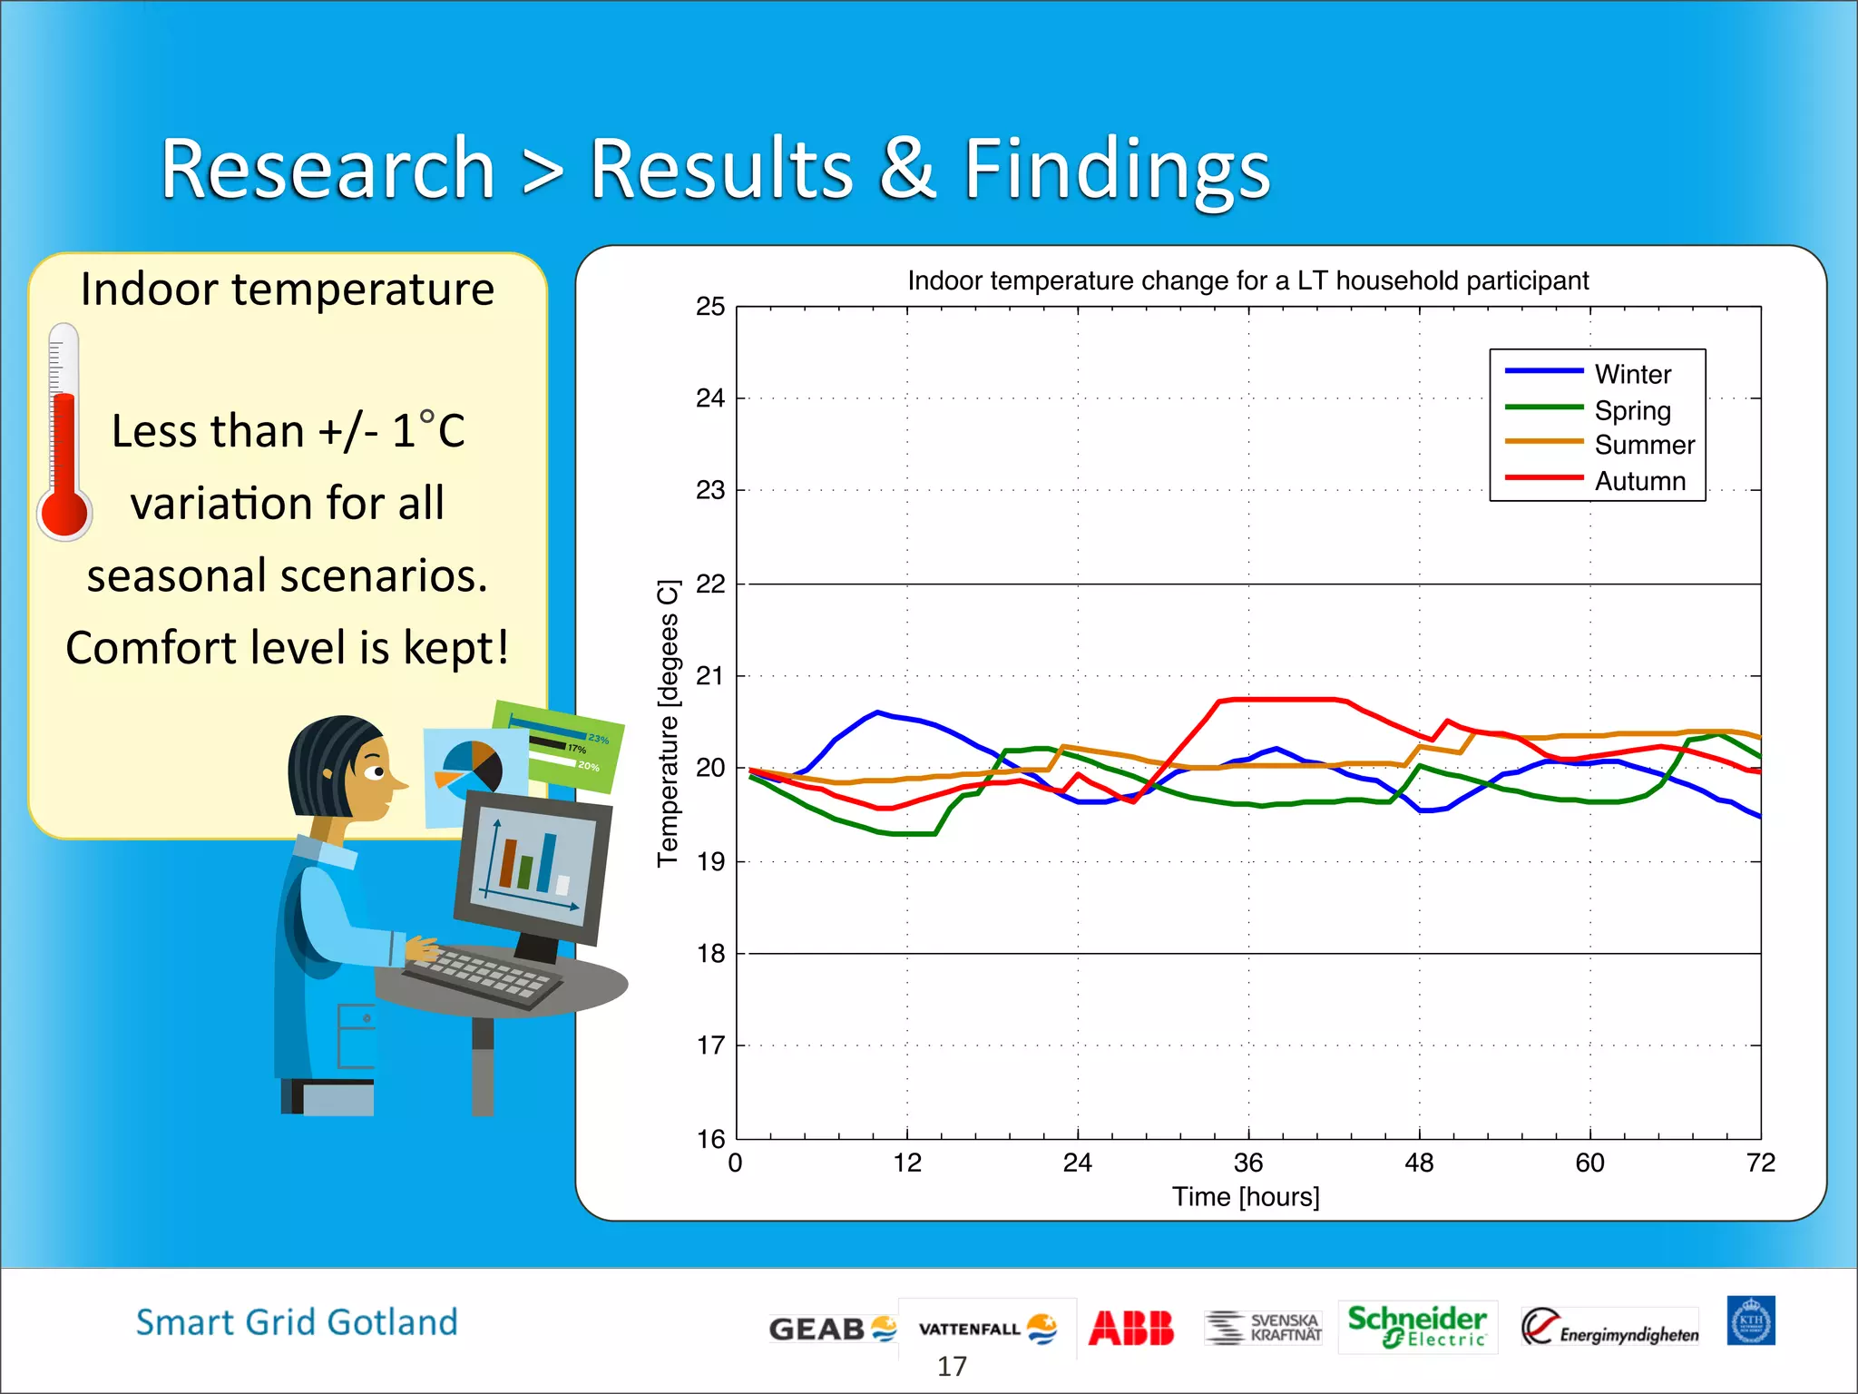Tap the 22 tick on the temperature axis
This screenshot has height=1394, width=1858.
710,584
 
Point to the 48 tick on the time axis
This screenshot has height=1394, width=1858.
1419,1163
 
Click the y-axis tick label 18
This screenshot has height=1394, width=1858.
710,953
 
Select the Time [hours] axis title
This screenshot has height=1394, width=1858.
1245,1197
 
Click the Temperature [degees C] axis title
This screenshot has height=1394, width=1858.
668,723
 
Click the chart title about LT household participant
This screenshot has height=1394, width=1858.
1247,280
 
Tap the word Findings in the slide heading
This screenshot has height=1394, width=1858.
1116,169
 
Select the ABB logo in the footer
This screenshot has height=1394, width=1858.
1130,1328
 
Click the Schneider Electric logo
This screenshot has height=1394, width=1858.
1416,1327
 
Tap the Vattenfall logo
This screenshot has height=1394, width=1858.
987,1329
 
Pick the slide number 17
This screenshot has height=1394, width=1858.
952,1366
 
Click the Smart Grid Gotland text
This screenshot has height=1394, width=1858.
297,1322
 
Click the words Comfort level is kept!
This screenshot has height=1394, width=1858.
287,648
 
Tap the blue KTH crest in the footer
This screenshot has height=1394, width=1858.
1750,1320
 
